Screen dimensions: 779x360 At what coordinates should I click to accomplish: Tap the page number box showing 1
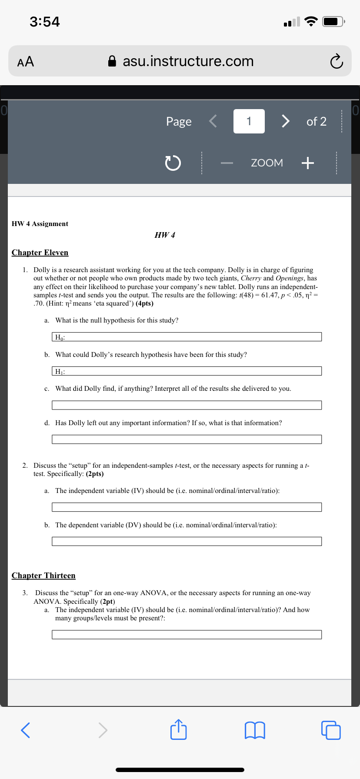pos(249,121)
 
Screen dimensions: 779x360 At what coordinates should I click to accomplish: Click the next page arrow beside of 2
pos(285,121)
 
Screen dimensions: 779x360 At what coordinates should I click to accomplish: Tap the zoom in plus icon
pos(307,163)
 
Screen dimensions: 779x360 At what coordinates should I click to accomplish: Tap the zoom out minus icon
pos(227,163)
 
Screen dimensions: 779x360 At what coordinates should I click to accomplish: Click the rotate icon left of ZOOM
pos(173,163)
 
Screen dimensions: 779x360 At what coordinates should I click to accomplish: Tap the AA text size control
pos(26,61)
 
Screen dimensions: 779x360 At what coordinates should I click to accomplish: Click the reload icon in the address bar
pos(336,62)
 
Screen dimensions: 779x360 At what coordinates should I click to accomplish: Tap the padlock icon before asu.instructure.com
pos(112,61)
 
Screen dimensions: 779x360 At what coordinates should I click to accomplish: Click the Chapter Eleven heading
pos(40,253)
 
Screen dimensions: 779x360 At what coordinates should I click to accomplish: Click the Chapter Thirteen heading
pos(43,576)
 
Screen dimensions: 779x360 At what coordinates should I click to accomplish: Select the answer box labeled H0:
pos(187,337)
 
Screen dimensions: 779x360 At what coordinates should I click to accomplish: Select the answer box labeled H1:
pos(187,371)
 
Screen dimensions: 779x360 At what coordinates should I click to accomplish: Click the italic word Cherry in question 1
pos(251,278)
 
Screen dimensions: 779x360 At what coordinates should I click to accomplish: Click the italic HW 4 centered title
pos(165,235)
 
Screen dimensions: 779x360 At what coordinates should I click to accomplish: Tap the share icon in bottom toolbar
pos(178,730)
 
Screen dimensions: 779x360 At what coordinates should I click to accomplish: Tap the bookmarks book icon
pos(255,730)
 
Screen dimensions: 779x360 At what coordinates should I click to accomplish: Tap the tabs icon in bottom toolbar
pos(331,730)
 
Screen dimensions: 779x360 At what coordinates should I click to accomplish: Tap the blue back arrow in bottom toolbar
pos(26,730)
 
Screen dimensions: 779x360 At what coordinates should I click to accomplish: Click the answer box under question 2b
pos(187,541)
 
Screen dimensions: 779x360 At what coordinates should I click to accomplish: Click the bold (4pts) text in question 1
pos(144,303)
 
